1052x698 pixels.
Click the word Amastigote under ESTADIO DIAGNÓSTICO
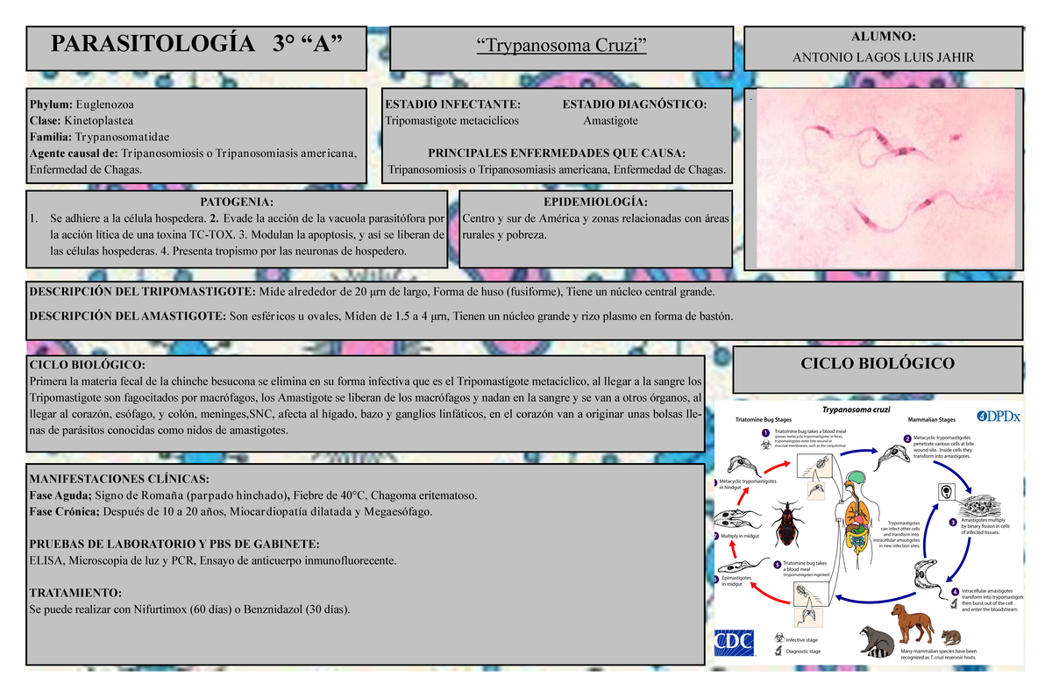[610, 120]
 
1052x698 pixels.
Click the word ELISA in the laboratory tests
[46, 559]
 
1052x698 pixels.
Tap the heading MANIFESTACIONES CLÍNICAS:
[119, 479]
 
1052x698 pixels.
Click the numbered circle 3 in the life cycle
[952, 521]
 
